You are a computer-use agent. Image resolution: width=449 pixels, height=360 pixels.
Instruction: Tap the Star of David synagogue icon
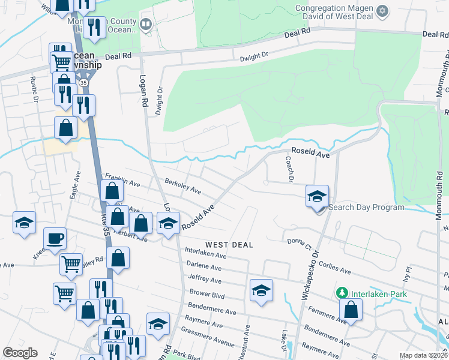pos(382,11)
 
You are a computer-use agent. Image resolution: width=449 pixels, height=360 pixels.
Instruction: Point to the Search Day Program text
pos(367,208)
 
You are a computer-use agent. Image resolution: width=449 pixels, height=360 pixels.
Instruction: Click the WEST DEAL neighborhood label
pos(229,245)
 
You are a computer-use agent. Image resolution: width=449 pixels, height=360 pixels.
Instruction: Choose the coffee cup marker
pos(55,239)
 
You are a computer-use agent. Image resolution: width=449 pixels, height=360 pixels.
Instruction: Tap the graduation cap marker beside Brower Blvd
pos(262,291)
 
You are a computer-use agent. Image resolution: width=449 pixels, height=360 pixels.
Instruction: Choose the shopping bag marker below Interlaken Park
pos(351,310)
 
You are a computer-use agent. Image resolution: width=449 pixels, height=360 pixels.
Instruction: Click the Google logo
pos(20,353)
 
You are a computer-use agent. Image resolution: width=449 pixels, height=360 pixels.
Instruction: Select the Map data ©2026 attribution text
pos(423,355)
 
